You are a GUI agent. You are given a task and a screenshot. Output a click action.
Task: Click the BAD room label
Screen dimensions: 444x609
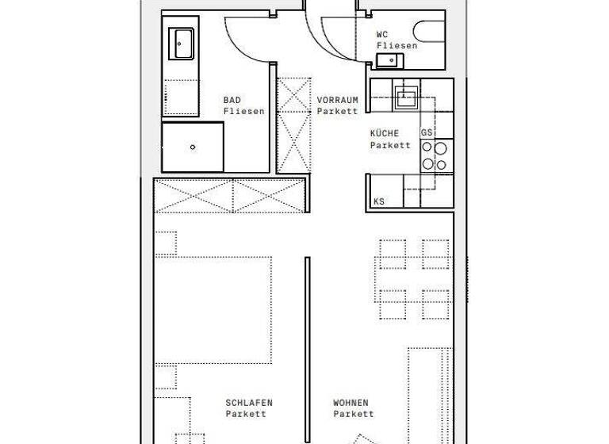click(x=232, y=100)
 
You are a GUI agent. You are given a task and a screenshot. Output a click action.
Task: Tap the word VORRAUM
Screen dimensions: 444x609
click(x=337, y=100)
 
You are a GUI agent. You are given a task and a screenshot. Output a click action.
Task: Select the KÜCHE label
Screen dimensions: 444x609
click(x=385, y=133)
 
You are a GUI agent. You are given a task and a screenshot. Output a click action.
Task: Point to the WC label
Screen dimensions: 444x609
click(x=382, y=34)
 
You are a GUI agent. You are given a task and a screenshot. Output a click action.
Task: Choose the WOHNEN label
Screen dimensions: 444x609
click(x=350, y=403)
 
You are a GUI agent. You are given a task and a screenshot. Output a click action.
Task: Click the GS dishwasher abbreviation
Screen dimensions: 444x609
click(x=427, y=132)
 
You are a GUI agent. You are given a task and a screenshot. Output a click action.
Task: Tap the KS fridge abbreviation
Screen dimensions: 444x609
click(x=379, y=201)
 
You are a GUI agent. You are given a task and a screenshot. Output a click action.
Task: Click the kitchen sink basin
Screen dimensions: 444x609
click(x=407, y=98)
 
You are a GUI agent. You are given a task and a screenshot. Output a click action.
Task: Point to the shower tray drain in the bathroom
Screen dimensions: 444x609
click(x=193, y=147)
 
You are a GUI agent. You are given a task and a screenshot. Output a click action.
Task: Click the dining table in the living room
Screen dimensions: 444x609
click(x=415, y=279)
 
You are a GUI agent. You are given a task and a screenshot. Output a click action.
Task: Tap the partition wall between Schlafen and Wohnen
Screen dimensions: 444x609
click(x=306, y=349)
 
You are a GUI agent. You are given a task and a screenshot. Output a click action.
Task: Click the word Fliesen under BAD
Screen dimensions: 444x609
click(x=243, y=112)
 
